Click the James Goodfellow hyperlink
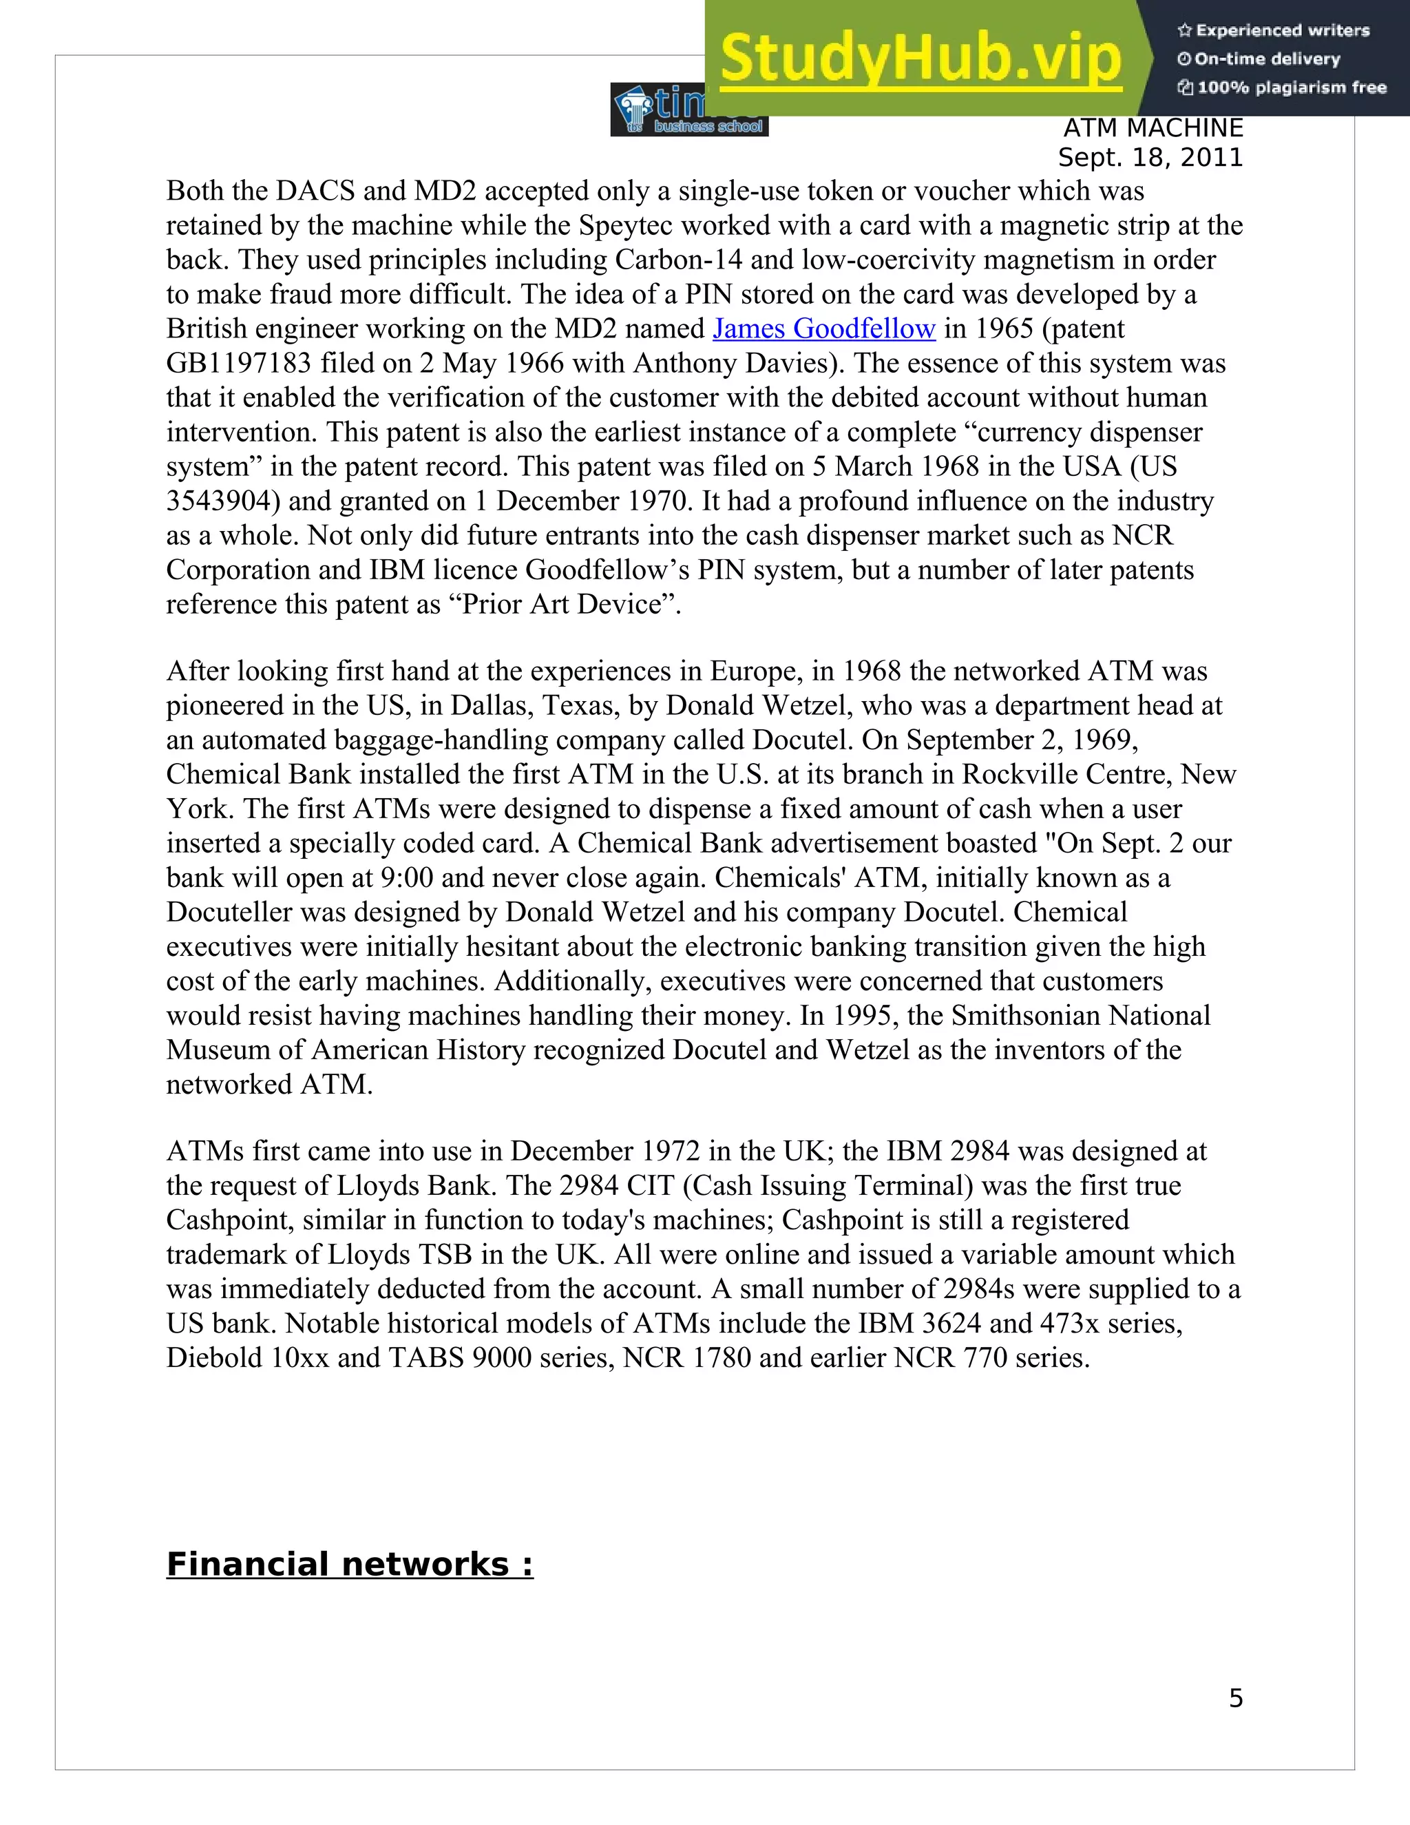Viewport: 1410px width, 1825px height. [823, 329]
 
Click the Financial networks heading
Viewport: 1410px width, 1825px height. [350, 1564]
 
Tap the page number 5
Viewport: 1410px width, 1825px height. [1235, 1699]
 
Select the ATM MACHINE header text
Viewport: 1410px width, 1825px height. [1153, 129]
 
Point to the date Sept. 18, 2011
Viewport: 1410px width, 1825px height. [1150, 158]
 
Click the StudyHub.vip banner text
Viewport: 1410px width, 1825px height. [920, 59]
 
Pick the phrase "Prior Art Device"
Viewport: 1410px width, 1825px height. [565, 604]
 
